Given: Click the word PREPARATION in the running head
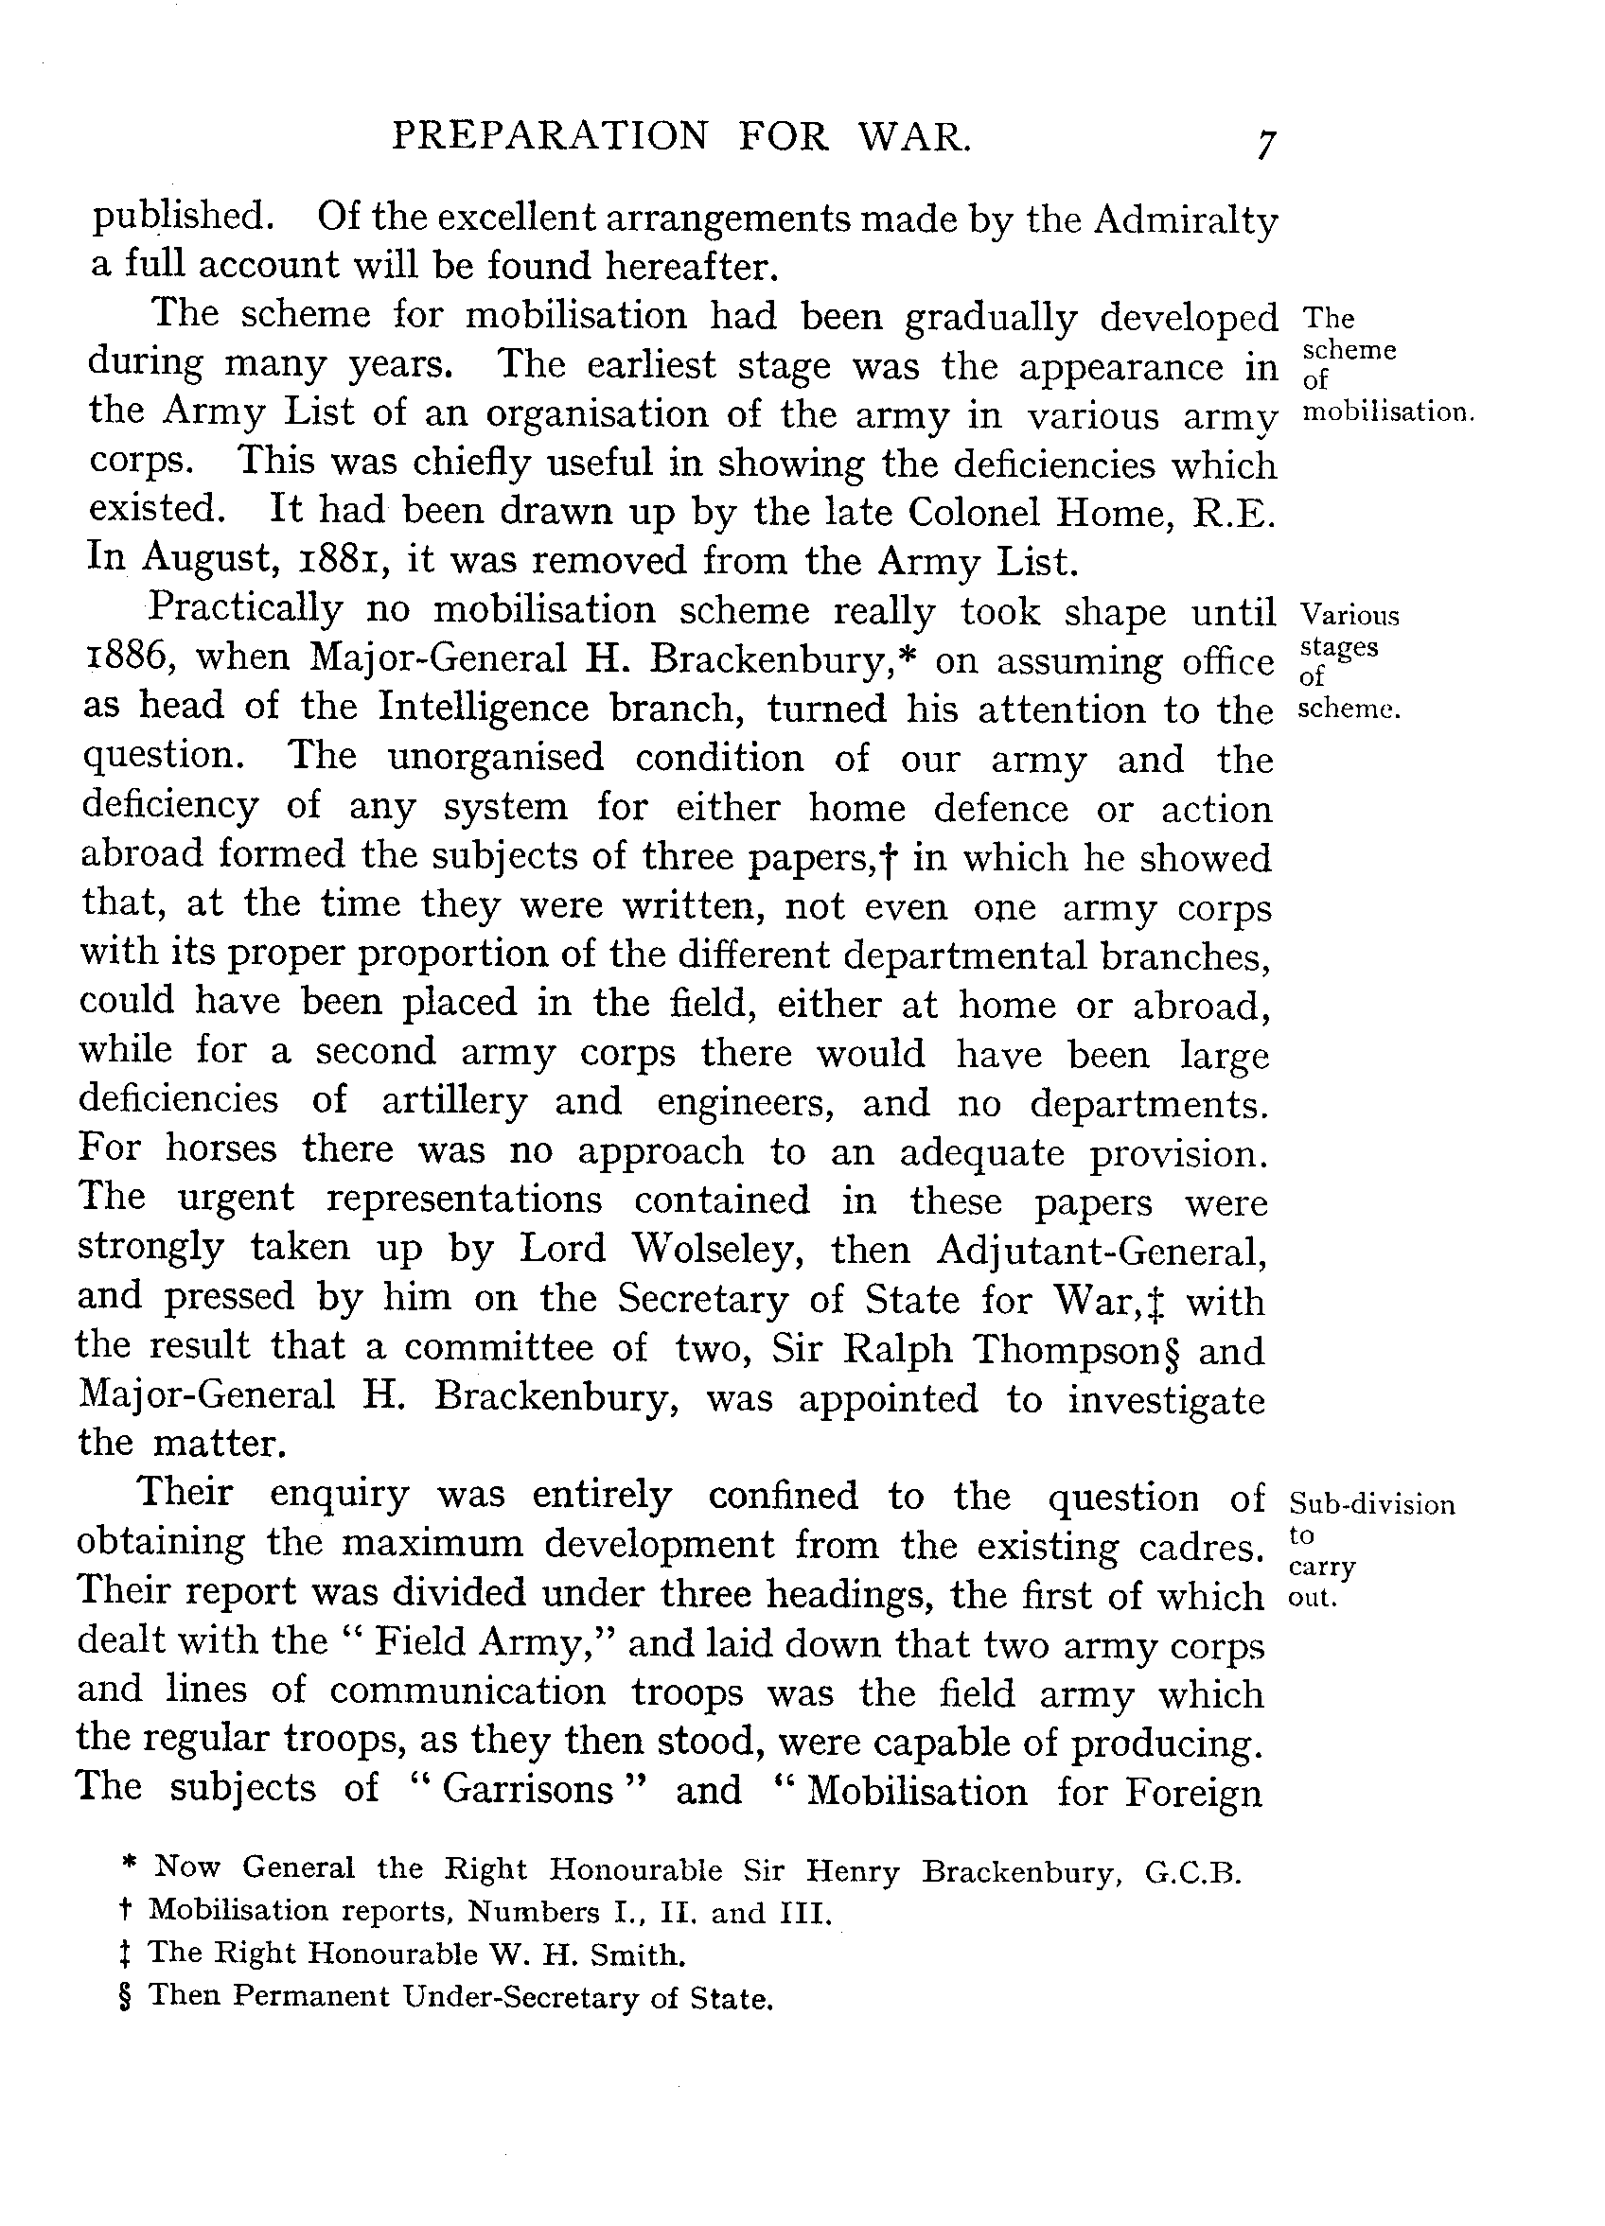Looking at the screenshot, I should (x=549, y=135).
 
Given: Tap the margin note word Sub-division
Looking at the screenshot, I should (x=1371, y=1504).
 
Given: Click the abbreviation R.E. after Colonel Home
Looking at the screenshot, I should (x=1233, y=515).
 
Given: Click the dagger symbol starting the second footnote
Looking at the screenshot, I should (x=125, y=1912).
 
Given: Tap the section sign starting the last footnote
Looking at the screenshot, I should (x=124, y=1996).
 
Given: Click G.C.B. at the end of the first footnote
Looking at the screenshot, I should (x=1192, y=1873).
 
